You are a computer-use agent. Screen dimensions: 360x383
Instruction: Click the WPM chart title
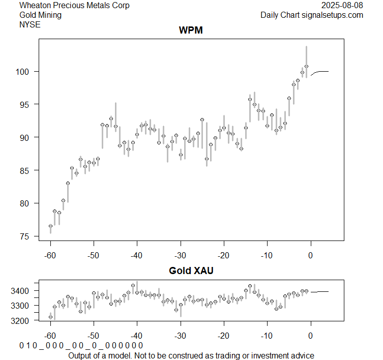pyautogui.click(x=191, y=31)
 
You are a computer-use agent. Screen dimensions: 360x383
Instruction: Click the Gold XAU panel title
pyautogui.click(x=191, y=271)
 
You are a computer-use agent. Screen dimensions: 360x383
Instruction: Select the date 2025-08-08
pyautogui.click(x=343, y=6)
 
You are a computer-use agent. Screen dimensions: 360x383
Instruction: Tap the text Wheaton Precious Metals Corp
pyautogui.click(x=74, y=6)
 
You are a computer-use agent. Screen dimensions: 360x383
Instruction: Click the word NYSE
pyautogui.click(x=30, y=24)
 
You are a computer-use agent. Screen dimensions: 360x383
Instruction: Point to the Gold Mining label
pyautogui.click(x=40, y=15)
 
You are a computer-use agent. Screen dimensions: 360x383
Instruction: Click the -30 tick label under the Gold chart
pyautogui.click(x=181, y=336)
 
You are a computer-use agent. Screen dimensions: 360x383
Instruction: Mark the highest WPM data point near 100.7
pyautogui.click(x=306, y=66)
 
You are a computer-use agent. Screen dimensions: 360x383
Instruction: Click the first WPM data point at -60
pyautogui.click(x=50, y=226)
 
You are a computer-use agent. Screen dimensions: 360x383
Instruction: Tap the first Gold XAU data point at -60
pyautogui.click(x=50, y=317)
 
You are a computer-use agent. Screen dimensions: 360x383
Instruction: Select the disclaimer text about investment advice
pyautogui.click(x=191, y=355)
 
